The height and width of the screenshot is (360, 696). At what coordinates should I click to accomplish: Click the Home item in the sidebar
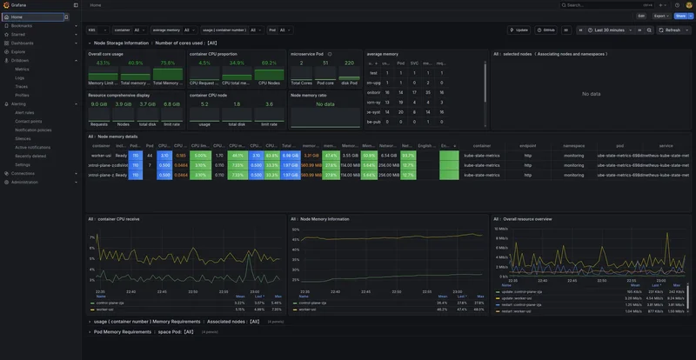click(x=17, y=17)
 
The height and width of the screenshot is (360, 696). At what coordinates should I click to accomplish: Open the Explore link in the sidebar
click(x=18, y=51)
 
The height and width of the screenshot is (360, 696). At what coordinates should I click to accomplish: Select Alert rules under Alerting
click(x=24, y=112)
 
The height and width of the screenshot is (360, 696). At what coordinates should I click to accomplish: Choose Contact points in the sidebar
click(x=28, y=121)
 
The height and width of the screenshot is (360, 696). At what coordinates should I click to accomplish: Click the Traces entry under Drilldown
click(x=22, y=86)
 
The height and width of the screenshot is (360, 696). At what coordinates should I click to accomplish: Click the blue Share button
click(x=680, y=16)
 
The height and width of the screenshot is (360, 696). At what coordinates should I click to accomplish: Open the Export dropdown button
click(x=660, y=16)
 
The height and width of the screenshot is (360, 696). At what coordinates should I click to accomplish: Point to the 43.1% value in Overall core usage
click(x=103, y=63)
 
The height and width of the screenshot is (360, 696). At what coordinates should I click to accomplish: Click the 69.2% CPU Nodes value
click(x=269, y=63)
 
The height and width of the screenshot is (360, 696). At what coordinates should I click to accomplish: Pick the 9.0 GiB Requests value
click(x=99, y=103)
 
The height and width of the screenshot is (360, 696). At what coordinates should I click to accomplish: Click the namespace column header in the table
click(x=573, y=145)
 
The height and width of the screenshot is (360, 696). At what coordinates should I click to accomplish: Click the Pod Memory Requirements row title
click(x=123, y=331)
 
